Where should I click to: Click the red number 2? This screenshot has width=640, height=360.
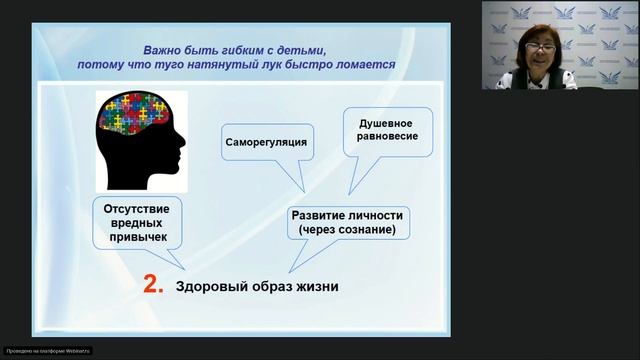pyautogui.click(x=152, y=285)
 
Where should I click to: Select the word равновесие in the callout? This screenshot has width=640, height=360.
pyautogui.click(x=381, y=137)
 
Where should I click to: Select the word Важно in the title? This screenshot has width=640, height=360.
pyautogui.click(x=163, y=48)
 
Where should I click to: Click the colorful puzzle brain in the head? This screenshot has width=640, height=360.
pyautogui.click(x=132, y=117)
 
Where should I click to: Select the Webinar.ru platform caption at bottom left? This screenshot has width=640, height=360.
pyautogui.click(x=48, y=351)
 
